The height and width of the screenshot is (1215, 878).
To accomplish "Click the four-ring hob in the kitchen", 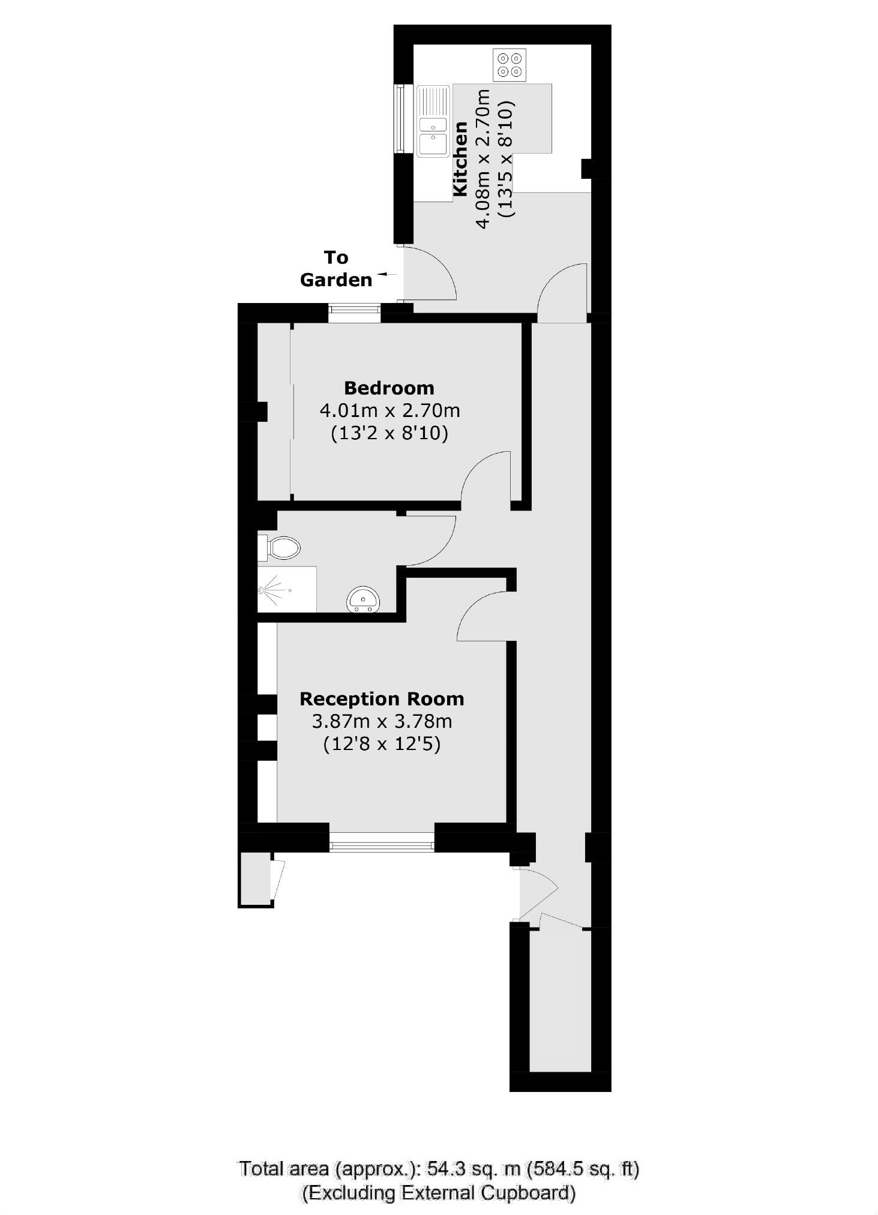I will (510, 65).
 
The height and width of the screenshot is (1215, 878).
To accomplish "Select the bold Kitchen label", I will (460, 158).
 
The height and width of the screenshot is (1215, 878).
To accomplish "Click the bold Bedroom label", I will (389, 388).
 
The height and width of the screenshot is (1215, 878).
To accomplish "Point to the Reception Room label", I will (382, 699).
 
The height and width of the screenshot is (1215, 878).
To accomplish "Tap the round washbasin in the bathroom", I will (363, 599).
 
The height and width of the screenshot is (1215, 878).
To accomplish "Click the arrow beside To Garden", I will (387, 274).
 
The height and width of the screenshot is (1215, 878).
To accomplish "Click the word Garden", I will (336, 280).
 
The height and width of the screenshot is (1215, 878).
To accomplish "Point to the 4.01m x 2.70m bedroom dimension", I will (389, 411).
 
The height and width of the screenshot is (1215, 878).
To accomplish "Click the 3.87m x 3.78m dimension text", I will (382, 721).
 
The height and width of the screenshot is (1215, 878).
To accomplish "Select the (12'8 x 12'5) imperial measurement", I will (382, 745).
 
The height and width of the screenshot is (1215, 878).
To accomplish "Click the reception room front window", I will (382, 845).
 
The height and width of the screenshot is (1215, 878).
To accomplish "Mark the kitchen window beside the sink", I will (399, 118).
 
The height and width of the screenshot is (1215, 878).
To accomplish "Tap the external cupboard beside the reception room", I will (256, 880).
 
